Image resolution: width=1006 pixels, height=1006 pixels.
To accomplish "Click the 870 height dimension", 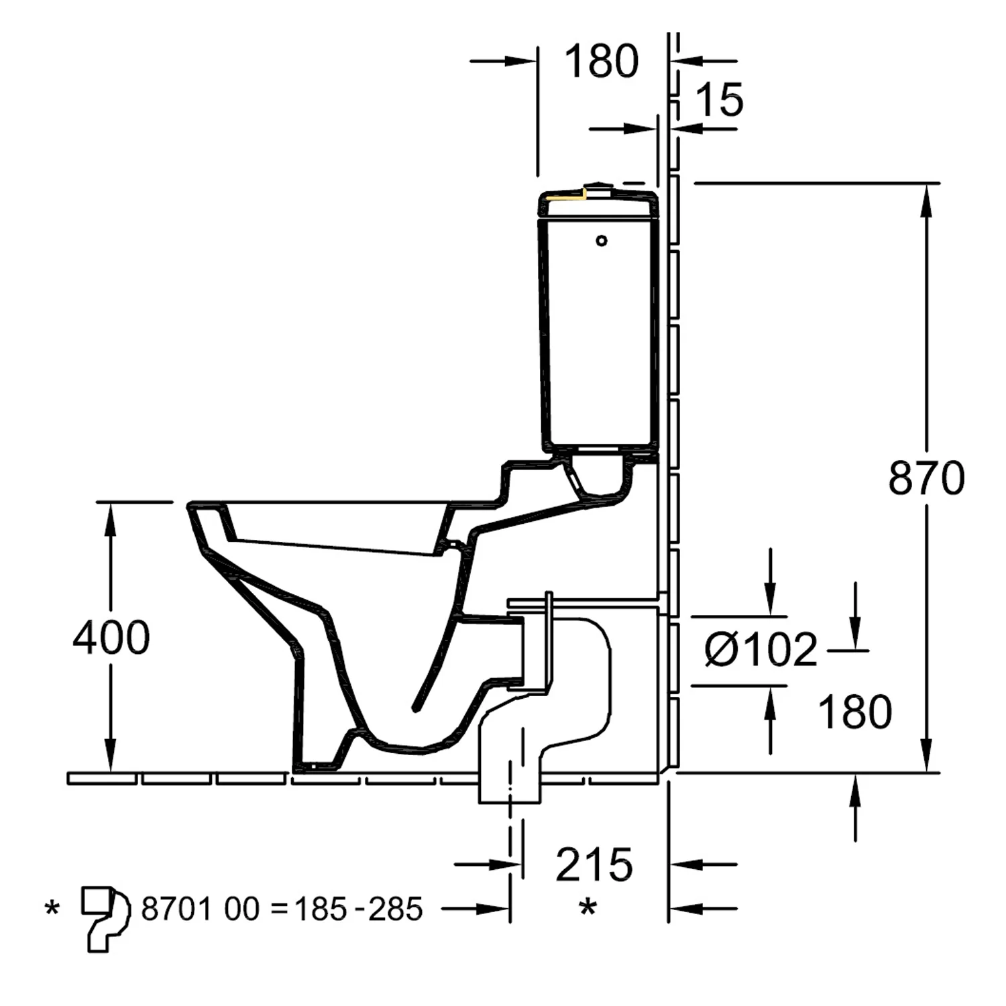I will tap(926, 478).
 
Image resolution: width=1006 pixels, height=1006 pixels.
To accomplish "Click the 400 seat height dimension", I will tap(111, 637).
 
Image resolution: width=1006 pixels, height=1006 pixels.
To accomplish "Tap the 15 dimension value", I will tap(719, 101).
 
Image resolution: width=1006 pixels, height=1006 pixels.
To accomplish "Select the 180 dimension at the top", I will tap(601, 62).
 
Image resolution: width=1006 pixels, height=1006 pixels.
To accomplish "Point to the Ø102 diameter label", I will tap(761, 649).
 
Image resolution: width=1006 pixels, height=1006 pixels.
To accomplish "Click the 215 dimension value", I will tap(594, 864).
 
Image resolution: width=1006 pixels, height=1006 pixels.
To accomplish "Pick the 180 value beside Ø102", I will tap(855, 712).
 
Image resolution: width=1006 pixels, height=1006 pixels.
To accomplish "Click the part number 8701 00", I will tap(200, 909).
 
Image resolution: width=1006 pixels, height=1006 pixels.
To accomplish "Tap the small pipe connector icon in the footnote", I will tap(104, 917).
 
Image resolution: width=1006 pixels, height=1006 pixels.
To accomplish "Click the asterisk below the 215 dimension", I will tap(588, 909).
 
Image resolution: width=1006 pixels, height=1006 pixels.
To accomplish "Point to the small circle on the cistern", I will tap(602, 240).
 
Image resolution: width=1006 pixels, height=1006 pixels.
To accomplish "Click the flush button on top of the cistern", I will tap(599, 187).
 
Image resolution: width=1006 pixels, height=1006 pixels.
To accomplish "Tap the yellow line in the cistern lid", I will tap(565, 197).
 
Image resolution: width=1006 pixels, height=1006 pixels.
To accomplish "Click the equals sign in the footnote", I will tap(278, 910).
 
